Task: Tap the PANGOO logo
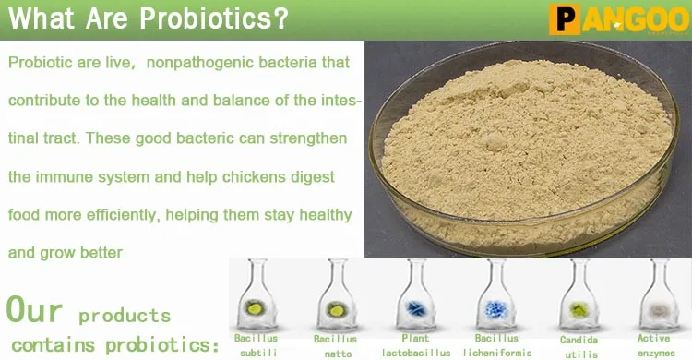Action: (x=618, y=18)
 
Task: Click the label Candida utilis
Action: (x=579, y=345)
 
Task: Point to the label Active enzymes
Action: (x=655, y=345)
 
